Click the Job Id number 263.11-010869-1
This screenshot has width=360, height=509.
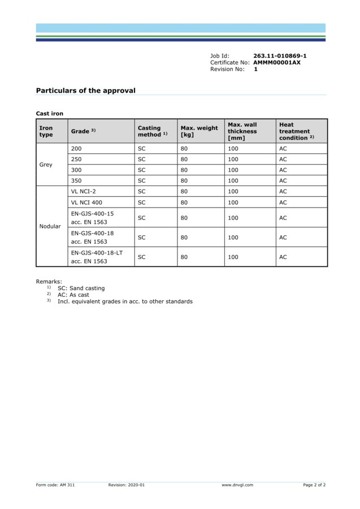pos(280,56)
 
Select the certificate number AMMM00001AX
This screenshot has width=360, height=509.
pos(277,63)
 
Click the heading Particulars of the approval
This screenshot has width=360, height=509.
pos(85,90)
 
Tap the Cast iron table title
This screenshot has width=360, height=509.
pos(50,114)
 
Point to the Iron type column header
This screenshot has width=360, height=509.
pos(46,131)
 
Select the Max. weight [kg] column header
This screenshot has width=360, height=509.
pos(198,131)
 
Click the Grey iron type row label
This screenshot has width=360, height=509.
pos(46,165)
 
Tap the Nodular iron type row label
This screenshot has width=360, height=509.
pos(50,226)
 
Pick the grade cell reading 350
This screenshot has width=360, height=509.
pos(76,181)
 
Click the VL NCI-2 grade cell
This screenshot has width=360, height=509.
pos(84,192)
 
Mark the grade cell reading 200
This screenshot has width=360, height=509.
pos(76,149)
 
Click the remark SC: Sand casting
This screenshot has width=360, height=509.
pos(81,288)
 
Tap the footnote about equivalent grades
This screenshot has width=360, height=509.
pos(125,301)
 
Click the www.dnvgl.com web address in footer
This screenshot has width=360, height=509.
pos(237,485)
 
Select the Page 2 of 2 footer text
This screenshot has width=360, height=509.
pos(314,485)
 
